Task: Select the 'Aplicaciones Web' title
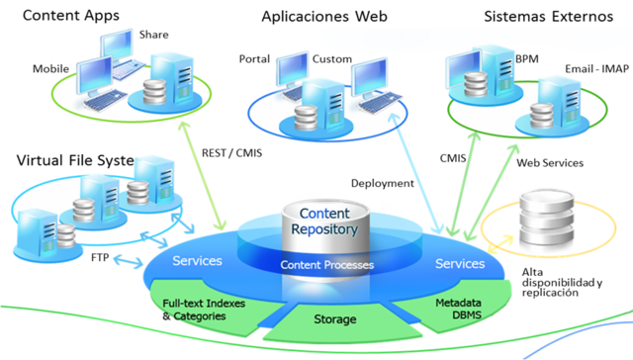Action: click(322, 17)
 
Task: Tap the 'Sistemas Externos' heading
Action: click(546, 17)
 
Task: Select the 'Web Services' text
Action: click(550, 162)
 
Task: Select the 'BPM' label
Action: click(526, 58)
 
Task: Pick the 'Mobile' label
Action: click(50, 70)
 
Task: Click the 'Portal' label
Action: click(254, 59)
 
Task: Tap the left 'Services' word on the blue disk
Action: click(197, 262)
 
